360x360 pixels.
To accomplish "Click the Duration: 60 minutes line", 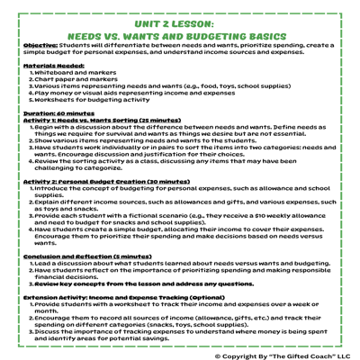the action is tap(58, 113).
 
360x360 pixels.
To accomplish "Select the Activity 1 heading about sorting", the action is tap(90, 120).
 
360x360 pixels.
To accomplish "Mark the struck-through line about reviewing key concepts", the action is tap(144, 283).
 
